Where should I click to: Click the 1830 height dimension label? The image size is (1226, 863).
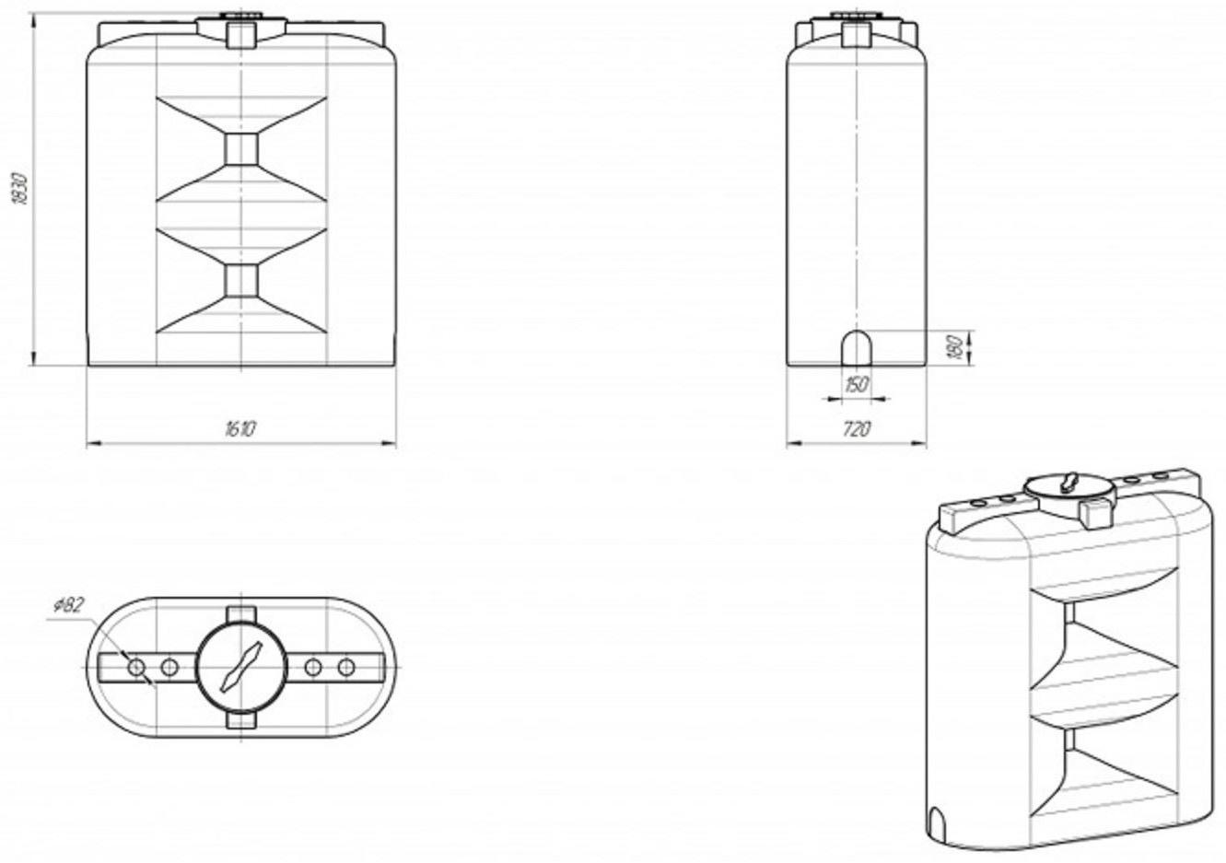(20, 189)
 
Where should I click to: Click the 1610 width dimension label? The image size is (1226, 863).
(240, 428)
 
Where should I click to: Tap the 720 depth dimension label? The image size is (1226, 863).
(857, 428)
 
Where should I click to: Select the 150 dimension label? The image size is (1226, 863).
(857, 385)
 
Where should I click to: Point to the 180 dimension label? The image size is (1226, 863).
(954, 347)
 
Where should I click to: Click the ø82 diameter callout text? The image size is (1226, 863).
(68, 606)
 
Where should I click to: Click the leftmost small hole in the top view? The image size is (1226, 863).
(136, 667)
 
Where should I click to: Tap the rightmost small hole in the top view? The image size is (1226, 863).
(346, 667)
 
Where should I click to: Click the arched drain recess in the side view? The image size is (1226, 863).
(857, 348)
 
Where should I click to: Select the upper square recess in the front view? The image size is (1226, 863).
(242, 149)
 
